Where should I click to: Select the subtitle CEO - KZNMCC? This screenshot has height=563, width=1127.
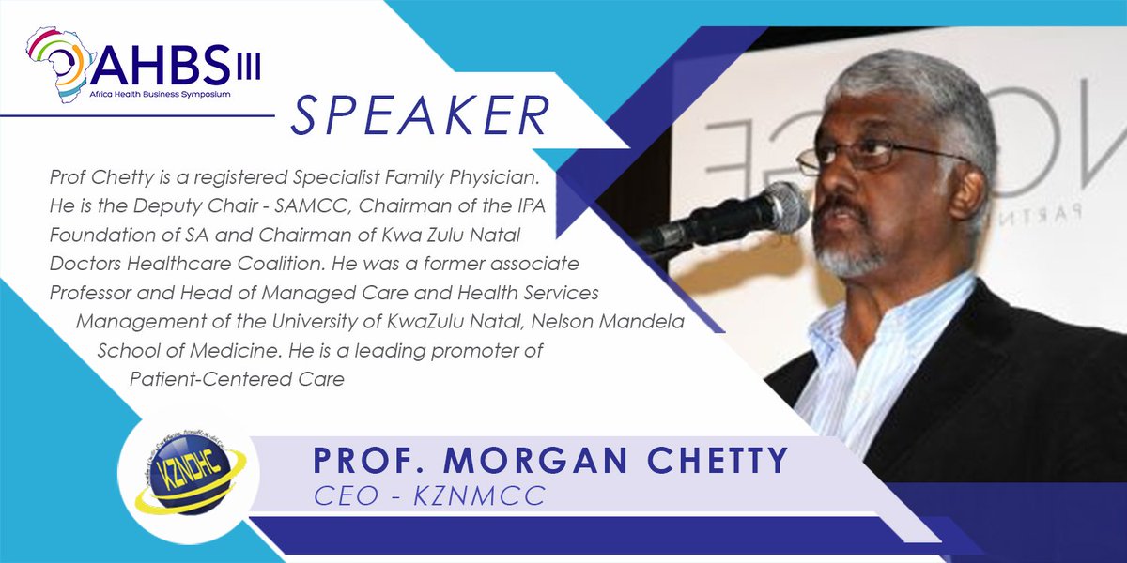429,496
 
